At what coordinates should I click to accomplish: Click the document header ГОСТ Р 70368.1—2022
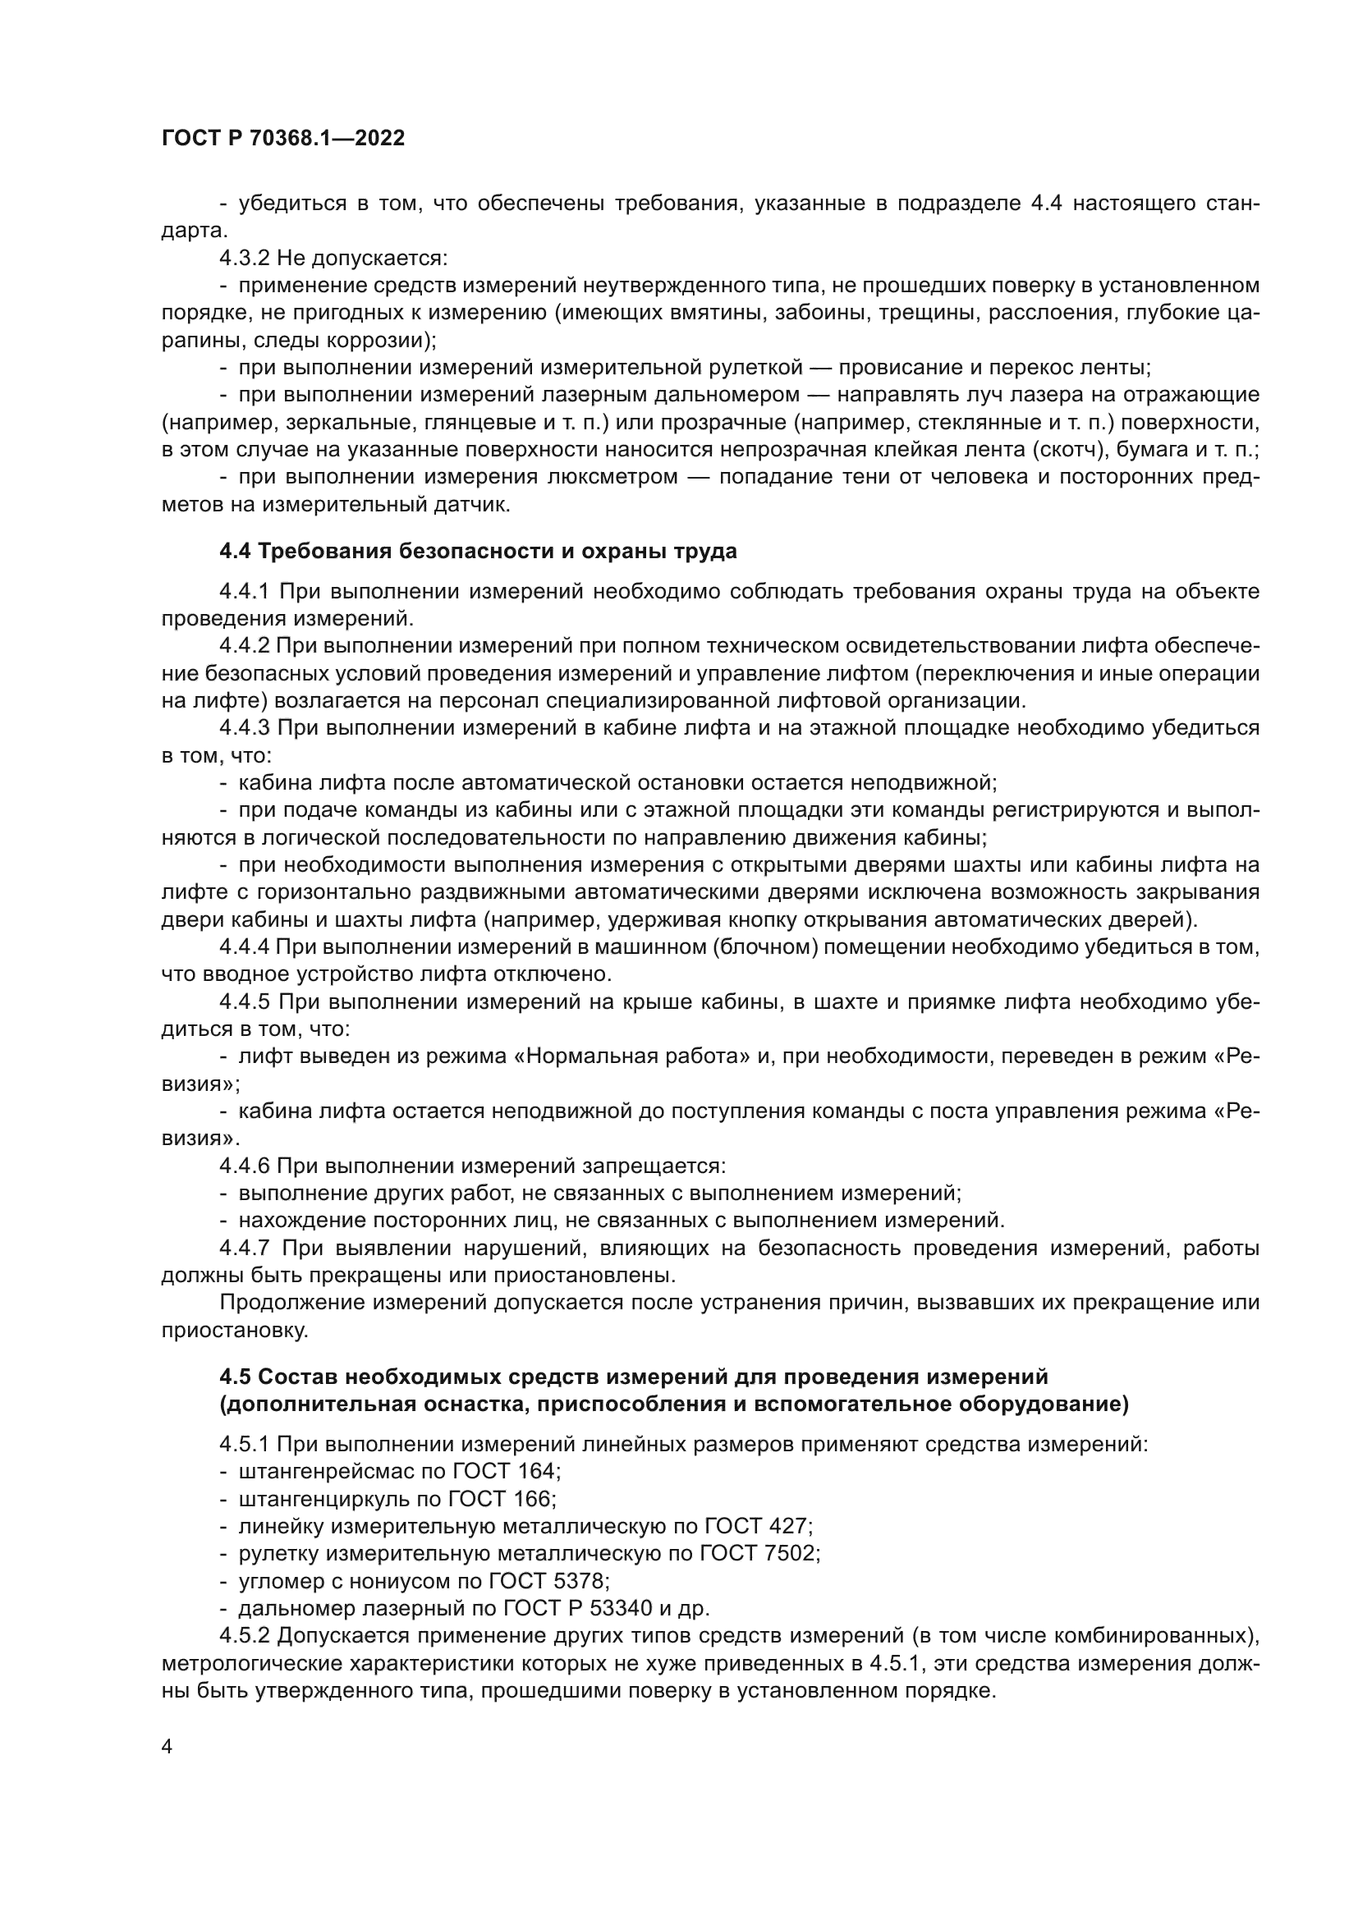coord(282,139)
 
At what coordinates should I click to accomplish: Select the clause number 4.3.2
coord(244,259)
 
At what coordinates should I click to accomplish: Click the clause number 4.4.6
coord(244,1166)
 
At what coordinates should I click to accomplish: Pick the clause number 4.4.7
coord(244,1249)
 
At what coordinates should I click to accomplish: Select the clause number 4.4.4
coord(244,946)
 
